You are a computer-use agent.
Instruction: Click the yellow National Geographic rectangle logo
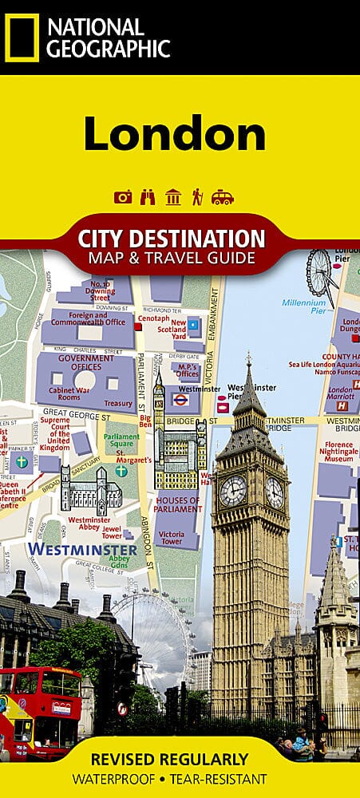[22, 38]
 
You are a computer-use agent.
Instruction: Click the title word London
[174, 133]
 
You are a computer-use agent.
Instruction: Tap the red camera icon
[123, 197]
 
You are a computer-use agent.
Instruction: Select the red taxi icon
[222, 197]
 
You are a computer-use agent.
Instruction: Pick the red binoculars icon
[148, 197]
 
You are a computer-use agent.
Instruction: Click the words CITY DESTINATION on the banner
[171, 239]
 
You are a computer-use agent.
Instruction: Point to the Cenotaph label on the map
[152, 318]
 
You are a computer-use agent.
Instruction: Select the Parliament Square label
[122, 440]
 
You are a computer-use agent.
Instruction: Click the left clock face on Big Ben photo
[232, 491]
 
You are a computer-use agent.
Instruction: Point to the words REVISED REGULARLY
[180, 760]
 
